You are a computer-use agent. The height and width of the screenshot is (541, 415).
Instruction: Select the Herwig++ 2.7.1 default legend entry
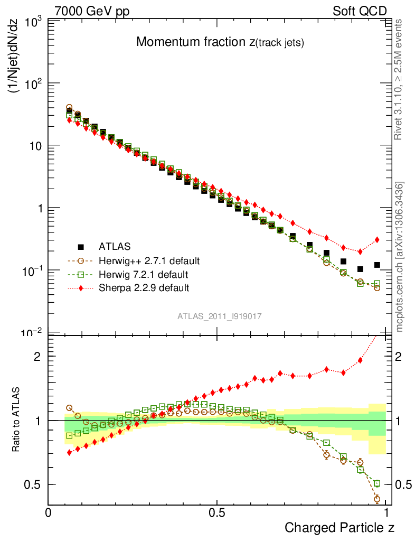pyautogui.click(x=148, y=260)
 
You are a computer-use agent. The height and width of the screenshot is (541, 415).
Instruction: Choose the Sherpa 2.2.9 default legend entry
pyautogui.click(x=144, y=288)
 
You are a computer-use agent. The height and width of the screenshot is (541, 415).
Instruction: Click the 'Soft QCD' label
pyautogui.click(x=360, y=11)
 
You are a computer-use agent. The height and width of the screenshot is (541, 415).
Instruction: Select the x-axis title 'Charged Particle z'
pyautogui.click(x=339, y=527)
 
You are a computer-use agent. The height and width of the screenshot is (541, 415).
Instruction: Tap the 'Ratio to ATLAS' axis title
pyautogui.click(x=16, y=420)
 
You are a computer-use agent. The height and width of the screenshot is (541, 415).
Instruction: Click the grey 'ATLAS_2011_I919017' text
pyautogui.click(x=220, y=316)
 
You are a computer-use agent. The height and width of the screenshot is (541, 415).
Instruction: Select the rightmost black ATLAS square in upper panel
pyautogui.click(x=377, y=265)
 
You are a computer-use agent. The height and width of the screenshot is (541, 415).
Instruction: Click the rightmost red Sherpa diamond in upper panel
pyautogui.click(x=377, y=239)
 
